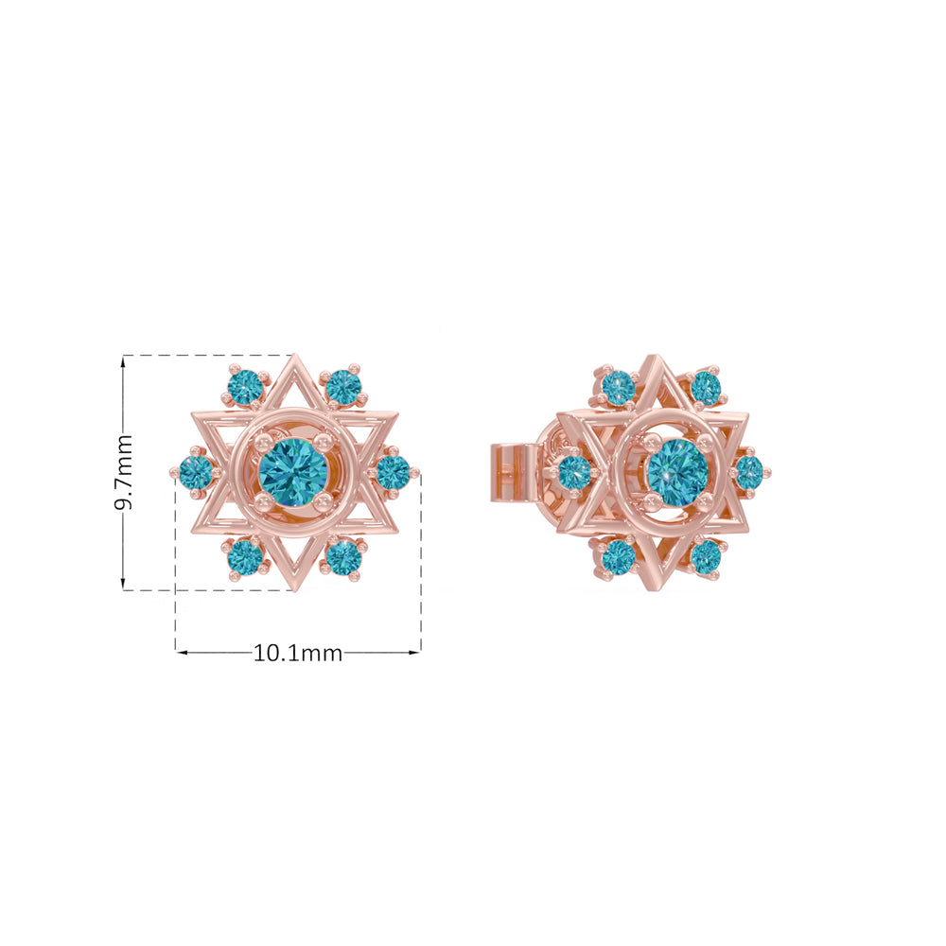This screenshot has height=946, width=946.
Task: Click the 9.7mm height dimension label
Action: coord(124,472)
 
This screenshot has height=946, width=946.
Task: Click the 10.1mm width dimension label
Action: coord(297,653)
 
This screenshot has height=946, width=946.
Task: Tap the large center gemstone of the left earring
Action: coord(293,472)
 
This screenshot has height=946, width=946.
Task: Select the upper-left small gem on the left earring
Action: coord(244,387)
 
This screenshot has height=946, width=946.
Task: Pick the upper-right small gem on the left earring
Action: coord(342,387)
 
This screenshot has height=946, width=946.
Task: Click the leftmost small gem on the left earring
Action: coord(197,472)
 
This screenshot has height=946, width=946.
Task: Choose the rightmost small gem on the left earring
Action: coord(393,472)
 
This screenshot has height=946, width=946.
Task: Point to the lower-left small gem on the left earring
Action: coord(244,556)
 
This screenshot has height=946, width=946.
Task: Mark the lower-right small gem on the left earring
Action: coord(342,556)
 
